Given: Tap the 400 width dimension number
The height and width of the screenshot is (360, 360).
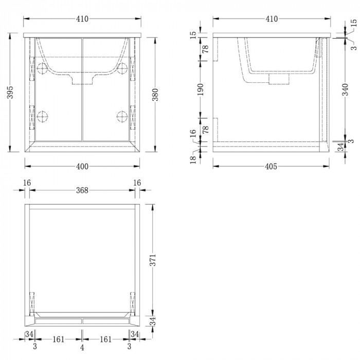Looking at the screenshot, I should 82,166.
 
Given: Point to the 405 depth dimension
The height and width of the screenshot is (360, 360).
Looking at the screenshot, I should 271,166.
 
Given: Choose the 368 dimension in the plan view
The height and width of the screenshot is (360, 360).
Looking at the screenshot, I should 82,190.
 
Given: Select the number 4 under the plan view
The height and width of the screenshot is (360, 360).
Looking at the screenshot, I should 82,348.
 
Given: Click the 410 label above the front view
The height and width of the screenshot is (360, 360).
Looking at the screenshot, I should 82,19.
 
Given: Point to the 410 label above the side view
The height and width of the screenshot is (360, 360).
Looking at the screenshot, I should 271,19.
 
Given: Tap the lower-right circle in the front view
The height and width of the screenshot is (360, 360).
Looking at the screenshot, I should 122,116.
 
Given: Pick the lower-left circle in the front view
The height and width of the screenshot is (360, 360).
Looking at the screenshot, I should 43,116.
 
